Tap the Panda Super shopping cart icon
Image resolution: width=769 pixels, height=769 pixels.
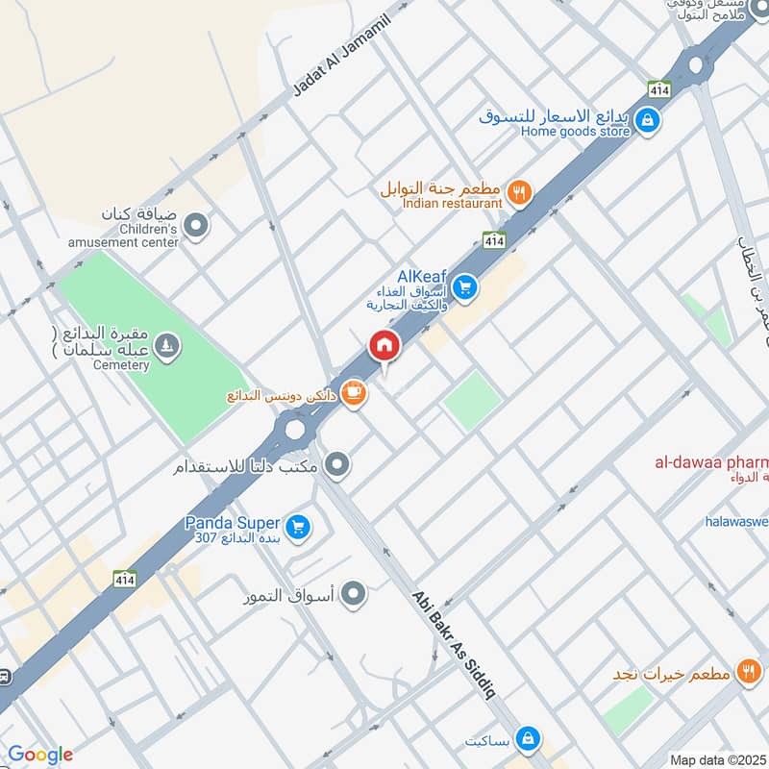[x=297, y=526]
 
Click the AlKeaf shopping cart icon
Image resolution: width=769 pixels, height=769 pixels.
[x=465, y=287]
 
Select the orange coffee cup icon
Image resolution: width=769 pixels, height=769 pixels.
[x=354, y=393]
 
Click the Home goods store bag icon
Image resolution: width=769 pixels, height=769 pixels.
[x=648, y=120]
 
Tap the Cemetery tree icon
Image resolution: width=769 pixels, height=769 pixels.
[x=167, y=345]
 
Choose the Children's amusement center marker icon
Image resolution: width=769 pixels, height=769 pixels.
[x=196, y=227]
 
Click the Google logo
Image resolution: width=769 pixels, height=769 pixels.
[x=39, y=755]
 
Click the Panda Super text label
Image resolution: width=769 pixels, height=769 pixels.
[x=233, y=524]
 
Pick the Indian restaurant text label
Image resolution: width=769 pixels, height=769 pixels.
[x=453, y=204]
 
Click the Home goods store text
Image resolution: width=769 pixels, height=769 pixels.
[x=576, y=132]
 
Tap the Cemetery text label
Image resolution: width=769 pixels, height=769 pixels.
[x=122, y=365]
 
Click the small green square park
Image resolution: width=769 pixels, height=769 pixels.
[x=472, y=401]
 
